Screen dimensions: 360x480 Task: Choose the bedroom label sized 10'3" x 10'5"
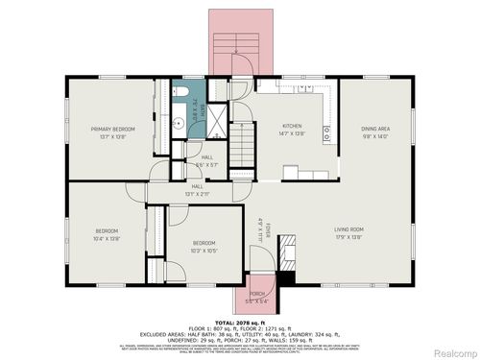[x=203, y=244]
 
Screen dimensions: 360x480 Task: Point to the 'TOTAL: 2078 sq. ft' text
[x=239, y=323]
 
